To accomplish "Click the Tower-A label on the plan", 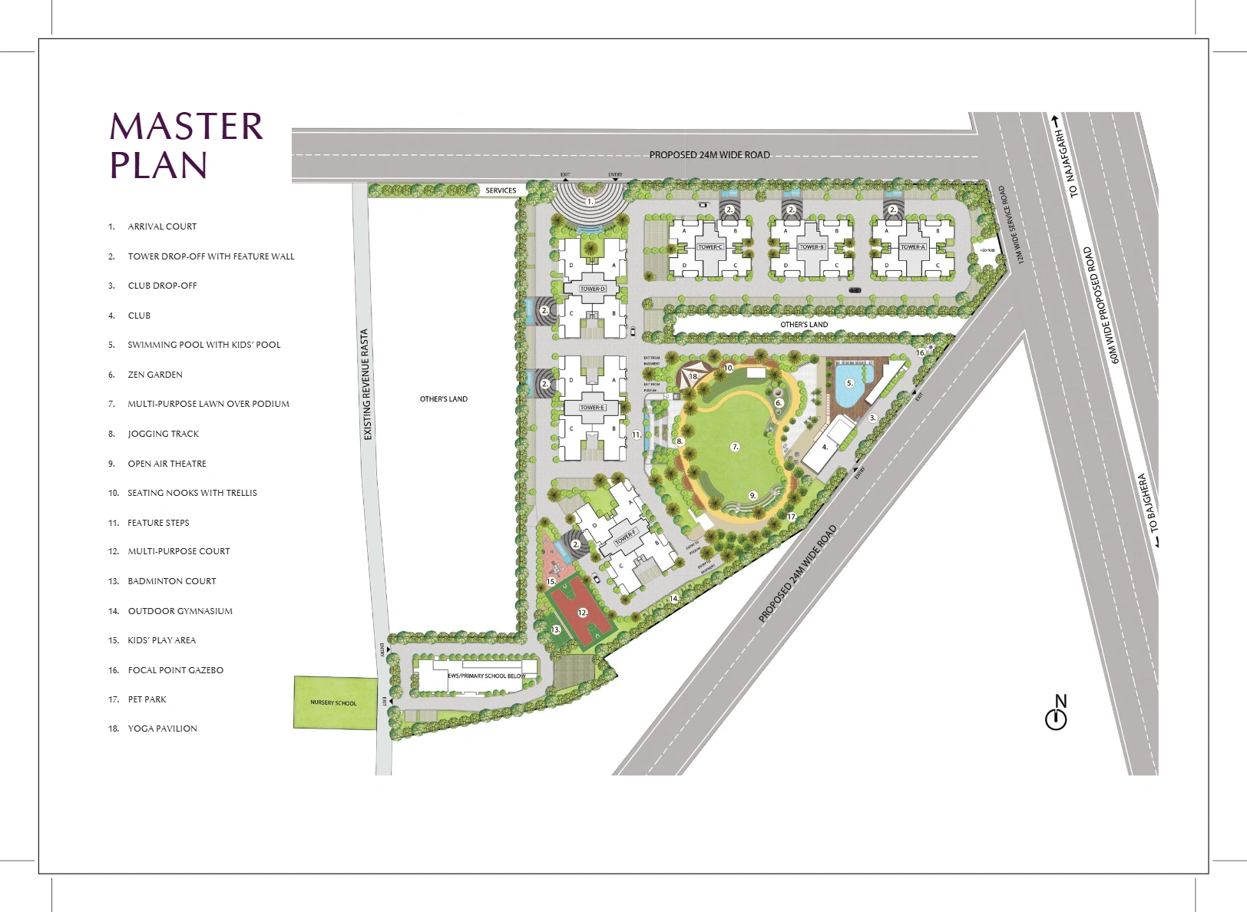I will (912, 247).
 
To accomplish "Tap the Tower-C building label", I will (709, 247).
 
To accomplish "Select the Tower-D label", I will (593, 289).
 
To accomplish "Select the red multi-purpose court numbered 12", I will (581, 613).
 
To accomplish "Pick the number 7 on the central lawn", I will (735, 446).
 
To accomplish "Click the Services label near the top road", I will (501, 190).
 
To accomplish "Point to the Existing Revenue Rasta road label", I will (367, 385).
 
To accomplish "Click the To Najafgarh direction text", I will (1067, 163).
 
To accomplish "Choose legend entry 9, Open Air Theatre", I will (167, 464).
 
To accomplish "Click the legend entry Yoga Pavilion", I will (162, 729).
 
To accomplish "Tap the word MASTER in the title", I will (187, 127).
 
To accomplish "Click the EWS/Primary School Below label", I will (487, 676).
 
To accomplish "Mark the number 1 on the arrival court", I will (590, 202).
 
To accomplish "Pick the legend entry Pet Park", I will (147, 699).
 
